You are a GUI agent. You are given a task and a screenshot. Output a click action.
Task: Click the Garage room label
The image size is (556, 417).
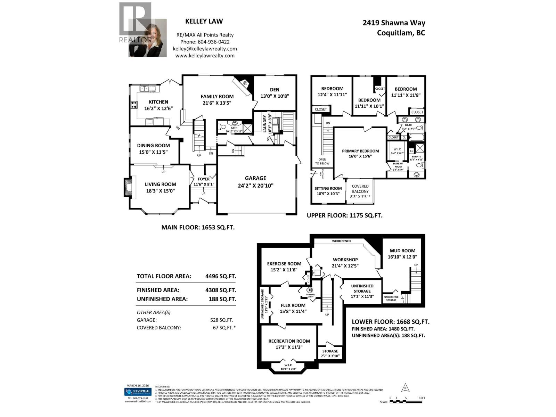tap(255, 178)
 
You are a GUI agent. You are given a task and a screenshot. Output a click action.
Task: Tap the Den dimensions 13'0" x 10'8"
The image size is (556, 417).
tap(275, 96)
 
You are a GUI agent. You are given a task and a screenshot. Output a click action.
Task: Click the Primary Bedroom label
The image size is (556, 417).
tap(360, 151)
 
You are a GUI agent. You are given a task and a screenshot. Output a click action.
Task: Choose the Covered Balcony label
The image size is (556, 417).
tap(360, 189)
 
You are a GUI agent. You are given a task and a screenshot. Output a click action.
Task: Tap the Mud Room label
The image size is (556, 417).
tap(402, 251)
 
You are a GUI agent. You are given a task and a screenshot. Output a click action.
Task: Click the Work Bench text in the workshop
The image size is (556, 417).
tap(341, 241)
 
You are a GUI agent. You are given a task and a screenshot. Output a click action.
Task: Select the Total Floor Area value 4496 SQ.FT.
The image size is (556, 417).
tap(221, 276)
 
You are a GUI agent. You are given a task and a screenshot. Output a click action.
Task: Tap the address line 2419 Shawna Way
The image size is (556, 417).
tap(394, 23)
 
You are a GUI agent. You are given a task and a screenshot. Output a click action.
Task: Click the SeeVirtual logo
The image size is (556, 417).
tap(138, 392)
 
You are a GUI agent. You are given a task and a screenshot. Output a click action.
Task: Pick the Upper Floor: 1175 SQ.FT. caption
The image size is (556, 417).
tap(344, 215)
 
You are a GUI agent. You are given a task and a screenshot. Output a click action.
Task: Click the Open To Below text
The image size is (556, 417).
tap(322, 161)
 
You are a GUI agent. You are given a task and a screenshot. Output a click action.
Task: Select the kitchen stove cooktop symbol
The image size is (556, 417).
tap(134, 104)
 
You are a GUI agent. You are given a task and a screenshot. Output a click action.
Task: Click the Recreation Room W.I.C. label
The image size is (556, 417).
tap(288, 365)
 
